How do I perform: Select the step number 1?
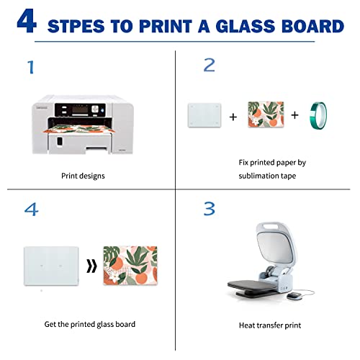(x=30, y=68)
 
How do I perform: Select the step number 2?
(x=210, y=66)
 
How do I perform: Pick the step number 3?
(x=210, y=209)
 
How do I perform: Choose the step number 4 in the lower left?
(x=31, y=209)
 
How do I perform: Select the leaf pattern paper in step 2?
(x=264, y=115)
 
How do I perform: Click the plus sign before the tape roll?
(x=294, y=115)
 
